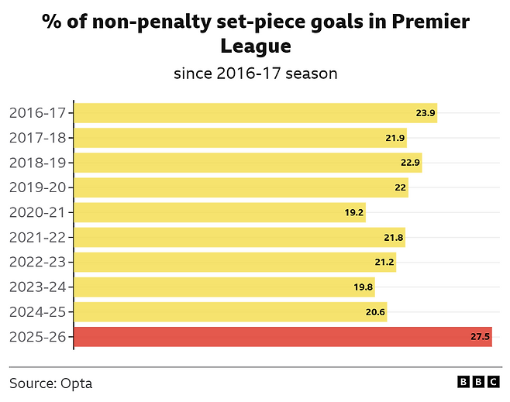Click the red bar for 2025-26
click(x=283, y=336)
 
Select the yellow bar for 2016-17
click(x=256, y=113)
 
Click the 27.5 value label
click(x=481, y=337)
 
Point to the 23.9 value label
click(x=426, y=113)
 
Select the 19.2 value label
click(x=354, y=212)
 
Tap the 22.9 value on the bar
click(x=410, y=163)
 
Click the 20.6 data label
click(x=376, y=311)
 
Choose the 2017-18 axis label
click(x=39, y=138)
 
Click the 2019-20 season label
click(x=39, y=187)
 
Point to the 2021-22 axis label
click(x=39, y=237)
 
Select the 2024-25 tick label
click(x=39, y=311)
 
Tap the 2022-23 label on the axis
click(x=39, y=262)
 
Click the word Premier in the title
click(x=429, y=21)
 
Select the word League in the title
click(x=256, y=46)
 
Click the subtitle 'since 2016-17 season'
click(x=255, y=74)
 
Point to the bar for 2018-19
click(x=248, y=163)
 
